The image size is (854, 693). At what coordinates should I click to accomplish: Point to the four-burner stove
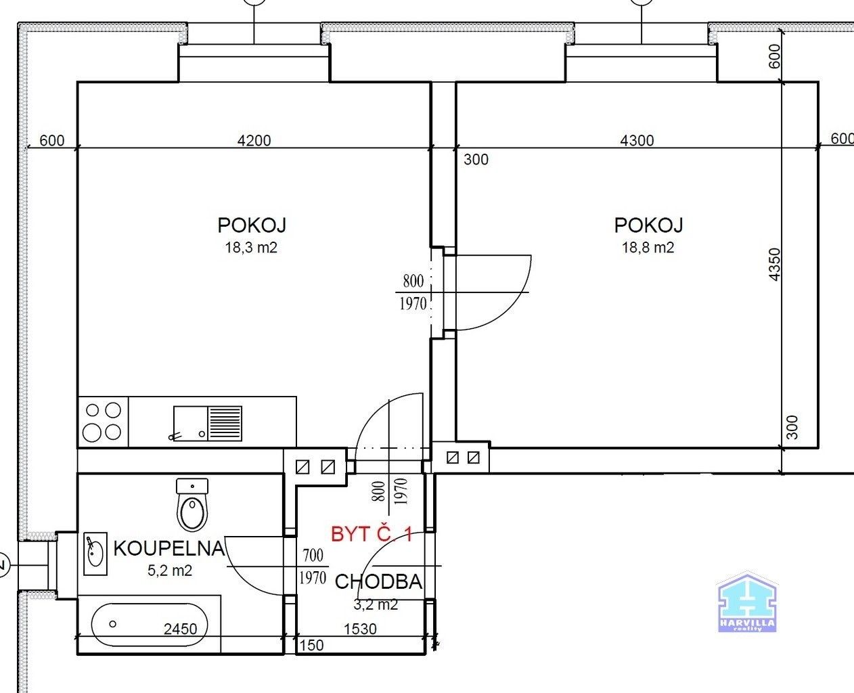tap(102, 421)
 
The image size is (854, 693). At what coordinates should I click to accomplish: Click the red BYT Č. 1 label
tap(372, 534)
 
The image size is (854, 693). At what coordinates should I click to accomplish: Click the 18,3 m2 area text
tap(251, 248)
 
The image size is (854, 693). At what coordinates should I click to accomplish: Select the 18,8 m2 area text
tap(648, 248)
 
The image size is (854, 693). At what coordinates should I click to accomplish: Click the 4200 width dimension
tap(254, 141)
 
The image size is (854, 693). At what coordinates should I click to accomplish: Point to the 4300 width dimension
tap(637, 141)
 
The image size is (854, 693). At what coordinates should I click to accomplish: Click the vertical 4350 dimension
tap(776, 265)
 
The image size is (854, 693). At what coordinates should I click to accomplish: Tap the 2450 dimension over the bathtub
tap(181, 629)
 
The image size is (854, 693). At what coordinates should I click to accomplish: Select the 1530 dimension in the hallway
tap(360, 629)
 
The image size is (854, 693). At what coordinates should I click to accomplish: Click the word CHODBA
tap(378, 582)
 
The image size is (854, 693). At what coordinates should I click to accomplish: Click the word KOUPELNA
tap(168, 548)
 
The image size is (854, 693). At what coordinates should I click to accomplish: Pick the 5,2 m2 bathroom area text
tap(170, 571)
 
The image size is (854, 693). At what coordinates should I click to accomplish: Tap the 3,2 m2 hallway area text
tap(376, 605)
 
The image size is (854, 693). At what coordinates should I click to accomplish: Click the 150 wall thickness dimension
tap(311, 645)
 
